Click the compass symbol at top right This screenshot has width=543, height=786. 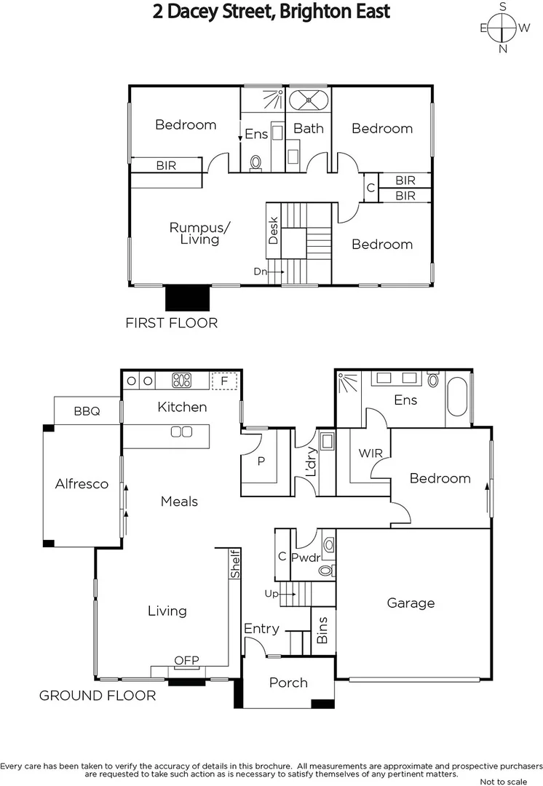coord(503,28)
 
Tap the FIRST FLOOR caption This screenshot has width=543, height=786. coord(172,322)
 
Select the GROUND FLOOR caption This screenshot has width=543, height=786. coord(98,696)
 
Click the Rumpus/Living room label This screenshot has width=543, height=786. coord(199,233)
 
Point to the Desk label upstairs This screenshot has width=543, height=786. coord(274,231)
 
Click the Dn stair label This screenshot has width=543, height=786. coord(261,271)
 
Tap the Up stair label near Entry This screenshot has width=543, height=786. coord(271,594)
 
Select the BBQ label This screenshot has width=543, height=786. coord(87,411)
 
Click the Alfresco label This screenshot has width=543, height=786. coord(82,483)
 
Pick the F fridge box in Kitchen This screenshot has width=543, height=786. coord(224,380)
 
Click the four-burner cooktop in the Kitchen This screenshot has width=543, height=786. coord(181,380)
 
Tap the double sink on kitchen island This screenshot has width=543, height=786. coord(181,432)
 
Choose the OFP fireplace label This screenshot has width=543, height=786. coord(186,661)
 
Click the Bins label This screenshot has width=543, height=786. coord(323,630)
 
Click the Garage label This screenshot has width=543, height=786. coord(411,603)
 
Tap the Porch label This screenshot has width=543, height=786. coord(288,683)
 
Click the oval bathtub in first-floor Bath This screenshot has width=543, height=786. coord(309,99)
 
